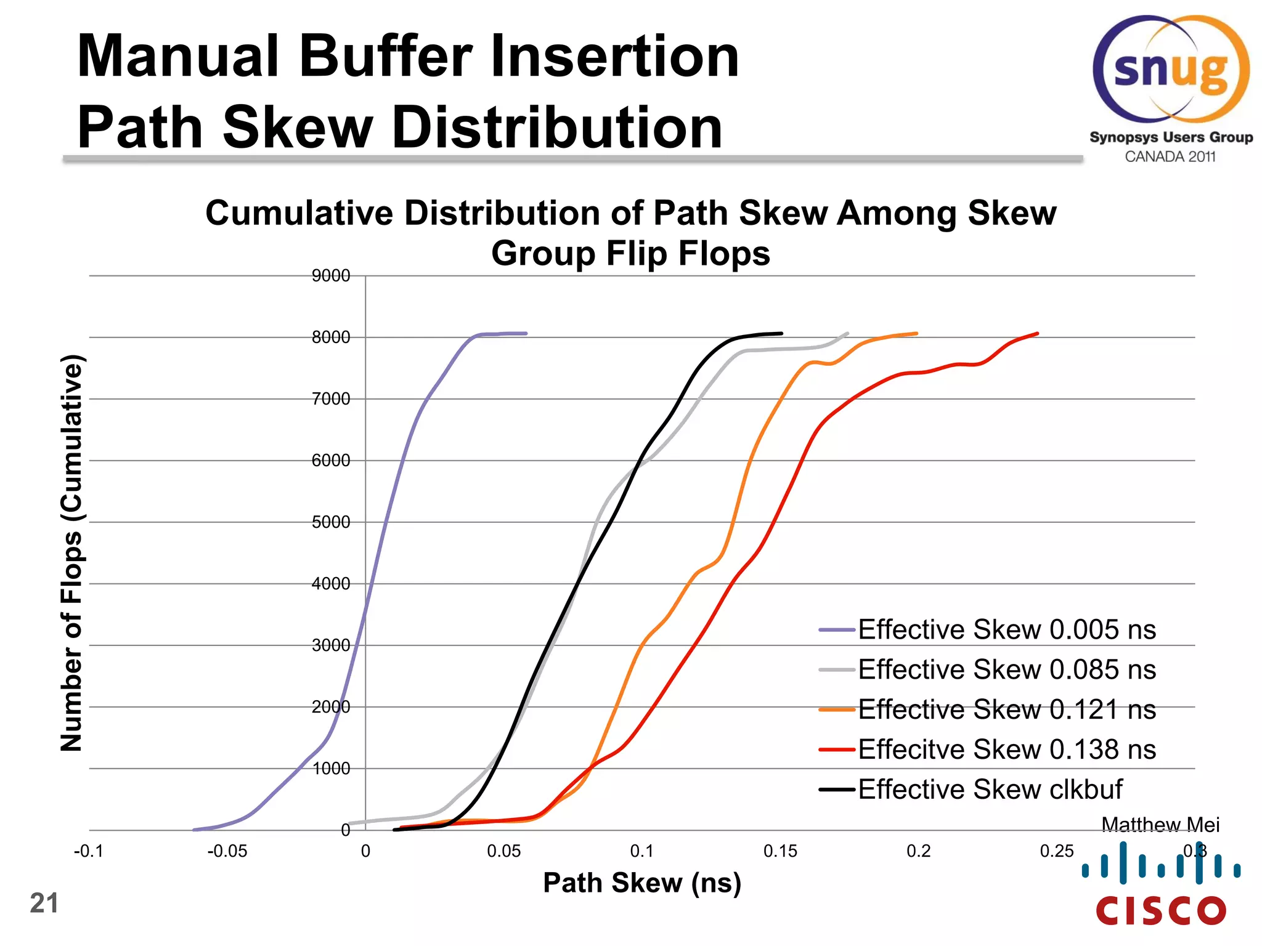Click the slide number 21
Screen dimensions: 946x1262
coord(44,904)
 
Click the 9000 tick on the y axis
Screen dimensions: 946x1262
coord(331,276)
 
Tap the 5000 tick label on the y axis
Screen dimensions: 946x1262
coord(331,522)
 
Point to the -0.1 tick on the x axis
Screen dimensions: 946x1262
coord(89,852)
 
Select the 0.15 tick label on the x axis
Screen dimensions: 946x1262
coord(780,852)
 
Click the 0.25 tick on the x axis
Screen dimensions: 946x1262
coord(1056,852)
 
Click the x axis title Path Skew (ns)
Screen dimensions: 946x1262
coord(642,883)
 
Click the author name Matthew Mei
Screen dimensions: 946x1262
coord(1160,824)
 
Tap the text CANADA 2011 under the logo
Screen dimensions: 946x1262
coord(1170,157)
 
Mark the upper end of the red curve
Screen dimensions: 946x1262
coord(1037,334)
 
